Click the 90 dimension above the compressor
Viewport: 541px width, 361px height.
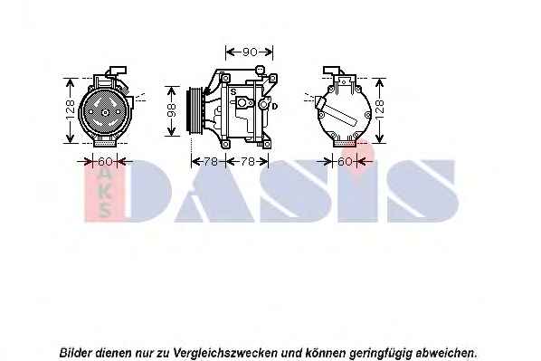tap(250, 52)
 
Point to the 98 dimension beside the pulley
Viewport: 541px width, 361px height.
tap(171, 110)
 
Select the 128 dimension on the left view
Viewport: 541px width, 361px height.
tap(70, 110)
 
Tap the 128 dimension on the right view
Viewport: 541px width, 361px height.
tap(379, 109)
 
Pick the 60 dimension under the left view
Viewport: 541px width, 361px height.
tap(105, 161)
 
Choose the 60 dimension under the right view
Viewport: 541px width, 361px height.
tap(345, 161)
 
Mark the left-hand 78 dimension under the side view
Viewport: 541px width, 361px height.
tap(210, 161)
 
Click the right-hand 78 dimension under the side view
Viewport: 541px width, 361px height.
tap(247, 161)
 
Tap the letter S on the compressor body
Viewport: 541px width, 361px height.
tap(233, 91)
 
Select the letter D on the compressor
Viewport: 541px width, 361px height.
tap(275, 106)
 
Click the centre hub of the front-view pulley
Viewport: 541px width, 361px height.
tap(105, 112)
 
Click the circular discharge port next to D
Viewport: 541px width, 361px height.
tap(264, 104)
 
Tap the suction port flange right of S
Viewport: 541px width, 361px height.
tap(244, 102)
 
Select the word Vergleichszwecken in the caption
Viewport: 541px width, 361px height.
tap(225, 353)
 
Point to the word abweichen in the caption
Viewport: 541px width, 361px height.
tap(445, 353)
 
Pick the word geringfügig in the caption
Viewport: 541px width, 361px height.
tap(381, 354)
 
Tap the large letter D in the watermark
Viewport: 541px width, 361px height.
tap(149, 190)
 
